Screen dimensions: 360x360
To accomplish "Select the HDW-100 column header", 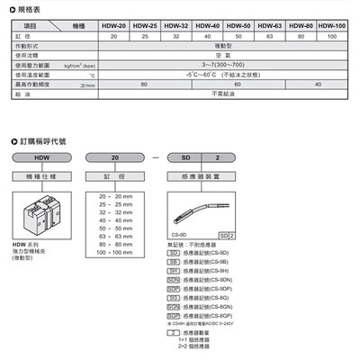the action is tap(333, 26).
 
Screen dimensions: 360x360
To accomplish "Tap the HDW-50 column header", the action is tap(238, 26).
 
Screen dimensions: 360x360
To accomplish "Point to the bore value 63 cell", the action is tap(268, 37).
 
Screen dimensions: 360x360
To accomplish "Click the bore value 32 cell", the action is tap(175, 37).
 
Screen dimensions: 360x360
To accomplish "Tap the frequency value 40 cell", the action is tap(317, 85).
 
